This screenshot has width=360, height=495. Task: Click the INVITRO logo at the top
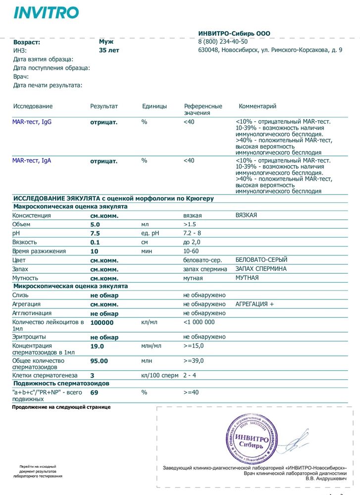pyautogui.click(x=46, y=13)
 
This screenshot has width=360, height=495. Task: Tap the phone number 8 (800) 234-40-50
pyautogui.click(x=222, y=42)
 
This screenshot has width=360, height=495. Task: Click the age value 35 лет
pyautogui.click(x=109, y=50)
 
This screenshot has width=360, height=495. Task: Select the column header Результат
pyautogui.click(x=104, y=106)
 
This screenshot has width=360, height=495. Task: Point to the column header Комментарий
pyautogui.click(x=257, y=106)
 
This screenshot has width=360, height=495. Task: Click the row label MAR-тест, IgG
pyautogui.click(x=32, y=122)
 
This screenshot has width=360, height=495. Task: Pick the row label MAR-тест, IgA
pyautogui.click(x=32, y=161)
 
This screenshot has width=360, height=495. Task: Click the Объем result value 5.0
pyautogui.click(x=95, y=225)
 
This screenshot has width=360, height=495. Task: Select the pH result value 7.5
pyautogui.click(x=95, y=234)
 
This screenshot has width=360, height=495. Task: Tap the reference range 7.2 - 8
pyautogui.click(x=192, y=233)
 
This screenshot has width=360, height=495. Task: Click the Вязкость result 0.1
pyautogui.click(x=95, y=243)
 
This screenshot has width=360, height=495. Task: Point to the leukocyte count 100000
pyautogui.click(x=102, y=323)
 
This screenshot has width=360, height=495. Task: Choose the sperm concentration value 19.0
pyautogui.click(x=97, y=346)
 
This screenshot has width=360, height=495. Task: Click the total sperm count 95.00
pyautogui.click(x=99, y=361)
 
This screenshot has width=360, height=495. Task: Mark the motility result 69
pyautogui.click(x=94, y=393)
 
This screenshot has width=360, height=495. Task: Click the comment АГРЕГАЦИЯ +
pyautogui.click(x=255, y=304)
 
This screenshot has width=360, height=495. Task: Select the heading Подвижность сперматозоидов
pyautogui.click(x=61, y=384)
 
